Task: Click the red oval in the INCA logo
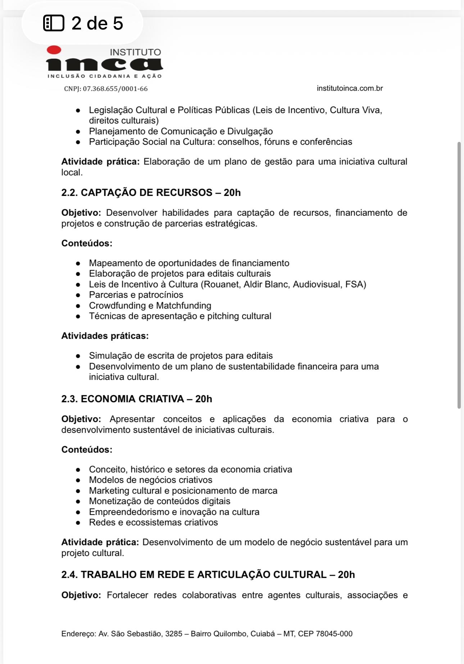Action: point(54,50)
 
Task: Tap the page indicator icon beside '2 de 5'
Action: point(54,23)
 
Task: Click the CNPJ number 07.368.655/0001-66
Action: point(115,89)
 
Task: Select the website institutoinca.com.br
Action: point(350,88)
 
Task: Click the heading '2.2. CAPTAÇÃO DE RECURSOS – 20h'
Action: point(151,193)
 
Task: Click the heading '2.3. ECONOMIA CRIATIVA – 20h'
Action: point(137,399)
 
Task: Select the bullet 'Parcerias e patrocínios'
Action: point(136,295)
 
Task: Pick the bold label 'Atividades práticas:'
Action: point(105,336)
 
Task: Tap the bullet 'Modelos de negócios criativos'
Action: point(150,480)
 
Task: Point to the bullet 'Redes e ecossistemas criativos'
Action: point(153,522)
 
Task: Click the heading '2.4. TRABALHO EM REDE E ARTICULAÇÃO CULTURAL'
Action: point(208,575)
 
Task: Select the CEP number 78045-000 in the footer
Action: point(334,634)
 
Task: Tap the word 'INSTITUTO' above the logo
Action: point(135,52)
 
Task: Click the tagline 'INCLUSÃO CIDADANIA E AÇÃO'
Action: point(105,76)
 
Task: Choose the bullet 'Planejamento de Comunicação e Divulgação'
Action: point(181,131)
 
